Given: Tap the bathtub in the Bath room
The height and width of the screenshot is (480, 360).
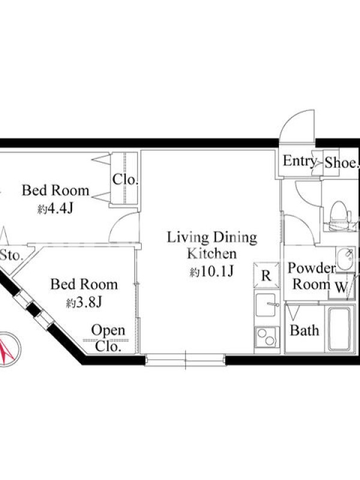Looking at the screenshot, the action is (339, 329).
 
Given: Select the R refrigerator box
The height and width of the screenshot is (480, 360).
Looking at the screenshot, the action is (266, 275).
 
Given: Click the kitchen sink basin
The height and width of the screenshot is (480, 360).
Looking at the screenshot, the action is (266, 305).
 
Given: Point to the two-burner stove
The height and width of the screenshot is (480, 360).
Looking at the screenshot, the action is (267, 337).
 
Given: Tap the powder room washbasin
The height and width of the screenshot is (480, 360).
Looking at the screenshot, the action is (346, 259).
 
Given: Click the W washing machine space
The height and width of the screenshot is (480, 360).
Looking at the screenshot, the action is (341, 287).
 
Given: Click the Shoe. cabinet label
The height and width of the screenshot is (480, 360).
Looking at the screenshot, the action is (341, 163).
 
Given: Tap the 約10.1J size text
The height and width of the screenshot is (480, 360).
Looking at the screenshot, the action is (212, 271).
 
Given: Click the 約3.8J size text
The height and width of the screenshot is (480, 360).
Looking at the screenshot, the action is (84, 302).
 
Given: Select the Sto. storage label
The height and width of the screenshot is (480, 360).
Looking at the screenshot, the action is (11, 255).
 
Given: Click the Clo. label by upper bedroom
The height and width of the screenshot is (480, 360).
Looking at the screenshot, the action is (125, 179).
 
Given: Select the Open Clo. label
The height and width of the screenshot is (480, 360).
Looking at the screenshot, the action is (108, 338).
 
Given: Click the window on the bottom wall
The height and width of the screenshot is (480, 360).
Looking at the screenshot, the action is (185, 359).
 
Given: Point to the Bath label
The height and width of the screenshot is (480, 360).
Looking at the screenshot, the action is (304, 331).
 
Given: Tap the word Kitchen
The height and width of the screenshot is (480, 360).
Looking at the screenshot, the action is (212, 254).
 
